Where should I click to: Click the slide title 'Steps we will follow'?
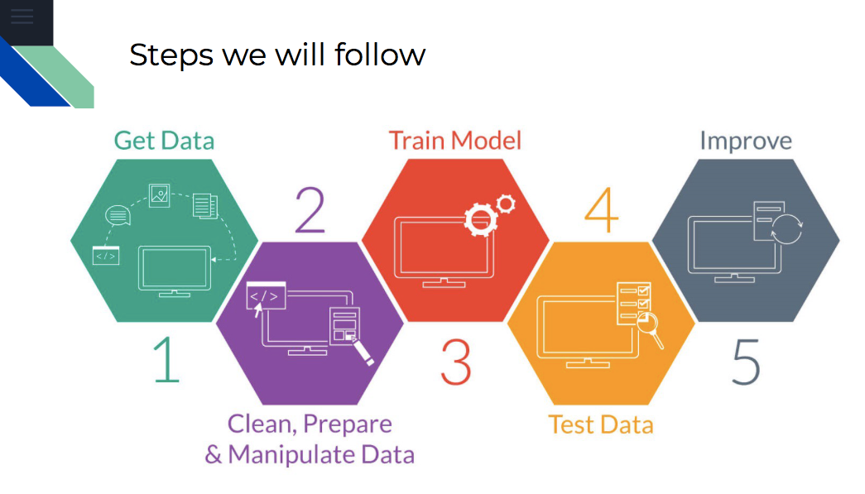click(277, 55)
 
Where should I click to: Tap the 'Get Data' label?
click(164, 141)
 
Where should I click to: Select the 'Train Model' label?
click(455, 141)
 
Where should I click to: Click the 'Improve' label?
click(746, 141)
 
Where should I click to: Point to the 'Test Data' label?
click(601, 424)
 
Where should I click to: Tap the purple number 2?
click(310, 209)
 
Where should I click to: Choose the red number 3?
click(456, 362)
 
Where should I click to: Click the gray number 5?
click(747, 362)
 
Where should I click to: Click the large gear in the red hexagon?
click(480, 220)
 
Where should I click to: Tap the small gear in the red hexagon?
click(506, 204)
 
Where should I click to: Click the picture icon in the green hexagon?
click(160, 195)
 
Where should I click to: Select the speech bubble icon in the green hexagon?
click(118, 216)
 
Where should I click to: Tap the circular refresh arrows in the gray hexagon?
click(786, 229)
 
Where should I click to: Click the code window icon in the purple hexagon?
click(266, 296)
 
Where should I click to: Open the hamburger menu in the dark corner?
click(22, 17)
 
